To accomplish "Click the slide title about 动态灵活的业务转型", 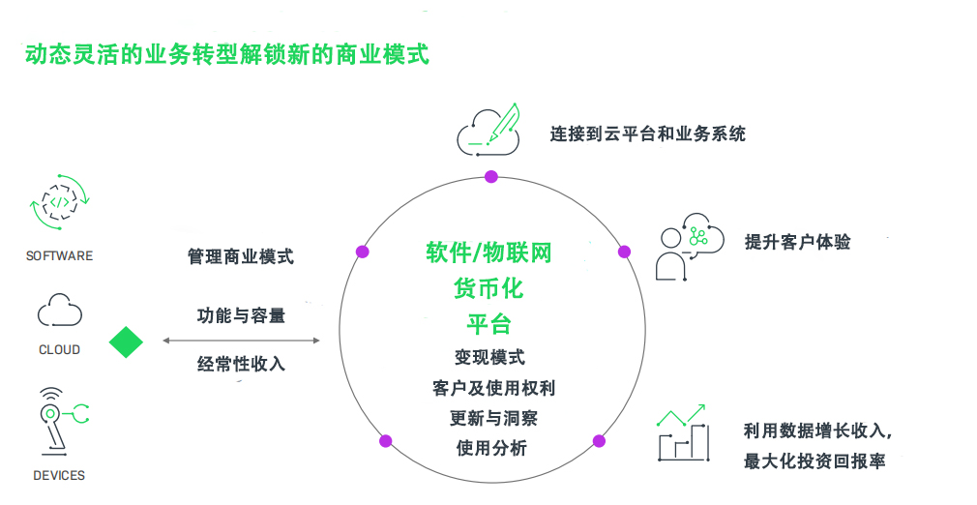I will point(227,54).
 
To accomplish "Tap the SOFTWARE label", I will point(60,255).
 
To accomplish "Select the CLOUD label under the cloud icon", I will point(59,349).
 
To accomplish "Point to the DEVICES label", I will point(59,475).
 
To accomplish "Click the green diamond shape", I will point(126,342).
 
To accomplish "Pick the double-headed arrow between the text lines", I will point(241,341).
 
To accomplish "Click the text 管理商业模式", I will point(241,256).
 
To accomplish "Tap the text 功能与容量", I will point(241,315).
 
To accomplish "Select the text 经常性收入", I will point(241,365).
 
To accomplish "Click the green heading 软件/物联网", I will point(489,253).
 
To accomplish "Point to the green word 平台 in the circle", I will point(489,323).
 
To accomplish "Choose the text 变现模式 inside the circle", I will point(489,357).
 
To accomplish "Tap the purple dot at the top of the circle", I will point(491,176).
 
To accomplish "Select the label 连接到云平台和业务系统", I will point(648,134).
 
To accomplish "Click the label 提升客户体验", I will point(798,242).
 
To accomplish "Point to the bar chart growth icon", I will point(683,433).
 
